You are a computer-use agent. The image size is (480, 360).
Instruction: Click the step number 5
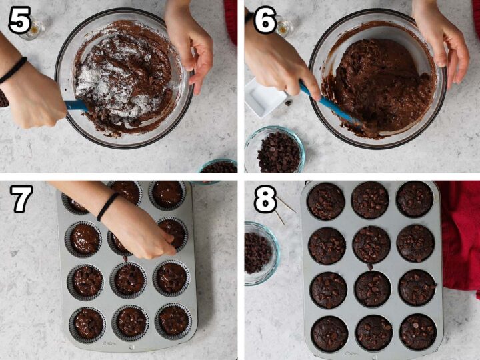tap(20, 21)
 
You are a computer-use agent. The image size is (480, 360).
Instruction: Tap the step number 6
tap(264, 21)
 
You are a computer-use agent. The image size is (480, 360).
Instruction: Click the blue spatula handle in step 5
tap(75, 105)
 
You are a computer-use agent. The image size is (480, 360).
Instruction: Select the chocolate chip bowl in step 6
tap(274, 150)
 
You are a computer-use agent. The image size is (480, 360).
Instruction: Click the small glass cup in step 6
tap(284, 26)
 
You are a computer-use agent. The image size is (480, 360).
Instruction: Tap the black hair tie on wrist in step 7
tap(107, 207)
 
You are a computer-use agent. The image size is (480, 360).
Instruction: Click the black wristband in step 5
tap(13, 70)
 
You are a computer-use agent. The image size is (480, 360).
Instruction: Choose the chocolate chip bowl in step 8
tap(259, 251)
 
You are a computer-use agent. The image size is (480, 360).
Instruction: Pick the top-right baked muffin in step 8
tap(415, 199)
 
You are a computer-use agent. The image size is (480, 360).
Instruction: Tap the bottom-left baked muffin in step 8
tap(329, 333)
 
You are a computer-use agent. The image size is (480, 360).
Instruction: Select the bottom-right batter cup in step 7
tap(173, 320)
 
